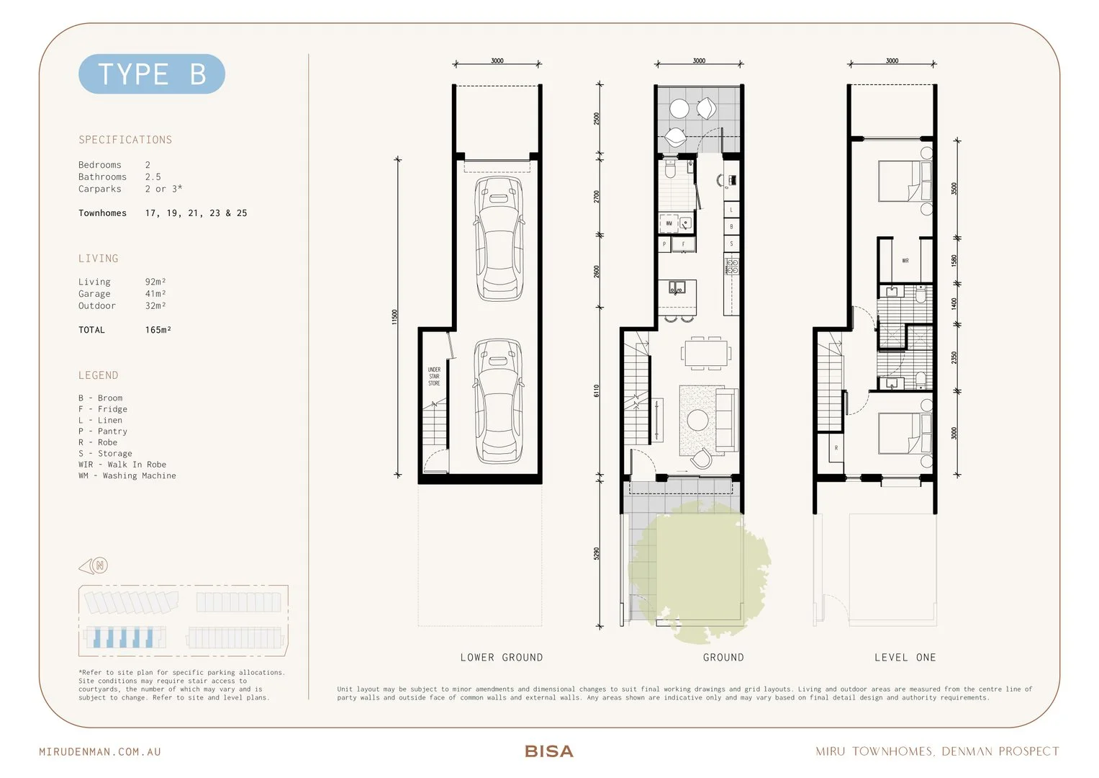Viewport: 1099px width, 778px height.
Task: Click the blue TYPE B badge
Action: coord(151,74)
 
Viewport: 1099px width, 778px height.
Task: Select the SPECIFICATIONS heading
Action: coord(125,140)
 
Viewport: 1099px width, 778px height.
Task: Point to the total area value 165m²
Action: coord(158,330)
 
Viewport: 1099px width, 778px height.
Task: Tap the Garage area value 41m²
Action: coord(155,294)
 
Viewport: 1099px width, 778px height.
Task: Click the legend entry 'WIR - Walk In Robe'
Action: coord(122,465)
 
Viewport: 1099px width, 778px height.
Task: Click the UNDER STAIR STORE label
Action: coord(434,376)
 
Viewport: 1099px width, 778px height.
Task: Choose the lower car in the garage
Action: coord(499,401)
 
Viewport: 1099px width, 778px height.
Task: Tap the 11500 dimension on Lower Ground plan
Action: coord(394,317)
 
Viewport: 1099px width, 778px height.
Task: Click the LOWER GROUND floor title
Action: coord(502,658)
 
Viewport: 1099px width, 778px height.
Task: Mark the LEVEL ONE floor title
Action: coord(905,658)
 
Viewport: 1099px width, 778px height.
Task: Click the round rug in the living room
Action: coord(697,419)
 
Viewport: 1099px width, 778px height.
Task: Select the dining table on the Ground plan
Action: coord(706,353)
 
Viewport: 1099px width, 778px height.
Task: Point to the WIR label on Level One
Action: coord(905,261)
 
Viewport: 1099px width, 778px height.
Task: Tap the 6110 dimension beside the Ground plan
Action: coord(596,390)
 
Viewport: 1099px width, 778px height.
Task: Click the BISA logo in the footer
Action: coord(549,751)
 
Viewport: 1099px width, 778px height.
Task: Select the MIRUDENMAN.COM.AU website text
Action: coord(100,751)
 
